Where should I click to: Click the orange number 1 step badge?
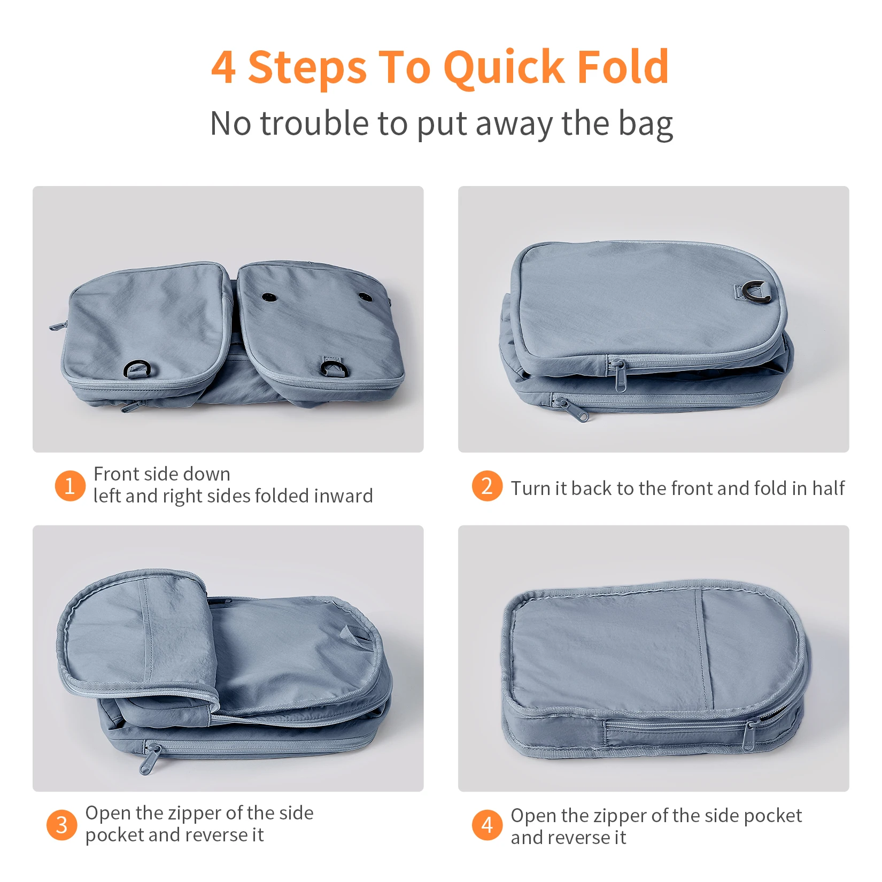70,486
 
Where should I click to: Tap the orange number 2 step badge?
487,486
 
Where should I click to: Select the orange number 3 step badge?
62,825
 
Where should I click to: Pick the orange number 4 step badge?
487,825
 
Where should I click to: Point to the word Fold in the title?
623,67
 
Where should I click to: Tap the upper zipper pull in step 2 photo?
618,372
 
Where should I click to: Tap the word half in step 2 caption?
829,488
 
